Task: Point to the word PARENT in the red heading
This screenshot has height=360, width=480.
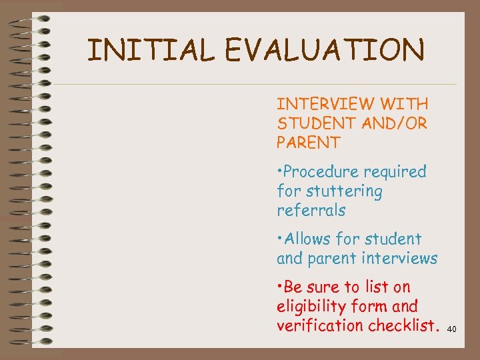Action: pos(309,143)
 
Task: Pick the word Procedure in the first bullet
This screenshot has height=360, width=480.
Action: pos(319,172)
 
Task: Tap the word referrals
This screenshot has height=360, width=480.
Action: pos(311,211)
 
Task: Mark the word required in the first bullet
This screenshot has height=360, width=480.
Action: pos(395,172)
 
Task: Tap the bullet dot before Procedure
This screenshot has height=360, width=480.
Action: pos(279,173)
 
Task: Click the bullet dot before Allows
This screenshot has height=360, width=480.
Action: pos(279,239)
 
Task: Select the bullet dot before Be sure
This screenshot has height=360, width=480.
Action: pos(279,288)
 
